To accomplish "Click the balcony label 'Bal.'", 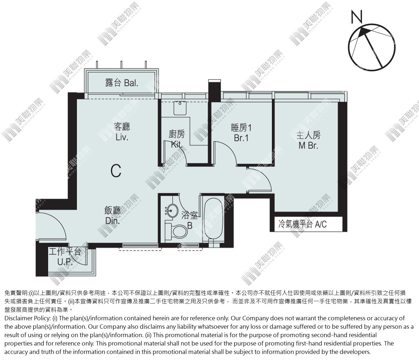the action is coord(131,83).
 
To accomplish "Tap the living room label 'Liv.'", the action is coord(122,137).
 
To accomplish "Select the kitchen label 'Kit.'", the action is coord(177,144).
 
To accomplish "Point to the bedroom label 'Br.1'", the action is coord(241,138).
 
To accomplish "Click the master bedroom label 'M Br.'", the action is coord(308,146).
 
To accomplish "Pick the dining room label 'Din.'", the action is coord(113,221).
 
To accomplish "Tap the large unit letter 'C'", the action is coord(116,171).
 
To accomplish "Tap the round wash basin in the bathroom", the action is coord(172,210).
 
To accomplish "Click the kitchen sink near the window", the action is coord(180,108).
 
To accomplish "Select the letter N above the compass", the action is coord(356,17).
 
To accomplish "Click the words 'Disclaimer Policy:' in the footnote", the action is coord(28,318).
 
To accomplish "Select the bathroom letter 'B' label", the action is coord(190,226).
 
